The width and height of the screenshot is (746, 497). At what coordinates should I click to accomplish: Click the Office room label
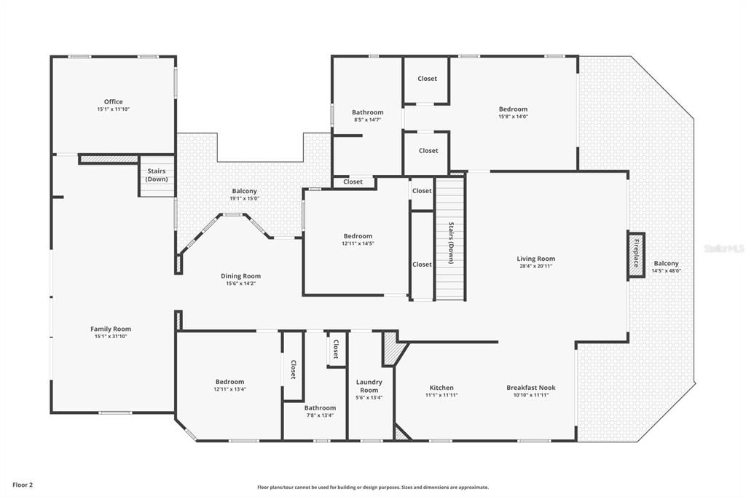[113, 102]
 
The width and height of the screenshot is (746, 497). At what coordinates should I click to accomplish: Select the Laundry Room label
[369, 386]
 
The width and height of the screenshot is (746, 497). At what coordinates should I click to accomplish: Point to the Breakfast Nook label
[530, 388]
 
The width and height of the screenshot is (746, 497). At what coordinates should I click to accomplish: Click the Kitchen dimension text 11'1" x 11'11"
[441, 396]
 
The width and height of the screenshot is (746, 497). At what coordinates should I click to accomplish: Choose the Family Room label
[111, 329]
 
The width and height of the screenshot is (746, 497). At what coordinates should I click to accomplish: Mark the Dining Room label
[240, 276]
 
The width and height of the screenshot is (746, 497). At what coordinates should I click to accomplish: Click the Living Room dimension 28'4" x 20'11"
[535, 266]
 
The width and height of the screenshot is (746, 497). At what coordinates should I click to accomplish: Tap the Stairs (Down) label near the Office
[156, 175]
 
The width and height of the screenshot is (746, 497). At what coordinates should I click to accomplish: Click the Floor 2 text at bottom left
[23, 485]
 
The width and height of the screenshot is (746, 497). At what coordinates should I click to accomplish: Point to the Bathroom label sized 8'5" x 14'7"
[367, 113]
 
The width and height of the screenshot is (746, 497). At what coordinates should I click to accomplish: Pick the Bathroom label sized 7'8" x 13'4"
[320, 408]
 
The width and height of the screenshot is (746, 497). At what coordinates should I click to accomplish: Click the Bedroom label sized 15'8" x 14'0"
[513, 109]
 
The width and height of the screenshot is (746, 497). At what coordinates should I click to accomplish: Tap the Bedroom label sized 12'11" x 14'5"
[358, 236]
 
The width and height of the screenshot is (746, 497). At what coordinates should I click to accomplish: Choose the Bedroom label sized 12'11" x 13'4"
[229, 382]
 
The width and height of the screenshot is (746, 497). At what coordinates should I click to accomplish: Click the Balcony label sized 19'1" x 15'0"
[244, 192]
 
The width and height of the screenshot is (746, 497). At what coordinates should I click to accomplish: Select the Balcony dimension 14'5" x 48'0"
[666, 271]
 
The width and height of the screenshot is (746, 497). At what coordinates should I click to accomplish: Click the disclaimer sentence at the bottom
[372, 488]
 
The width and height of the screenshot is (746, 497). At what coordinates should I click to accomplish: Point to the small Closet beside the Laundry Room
[336, 349]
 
